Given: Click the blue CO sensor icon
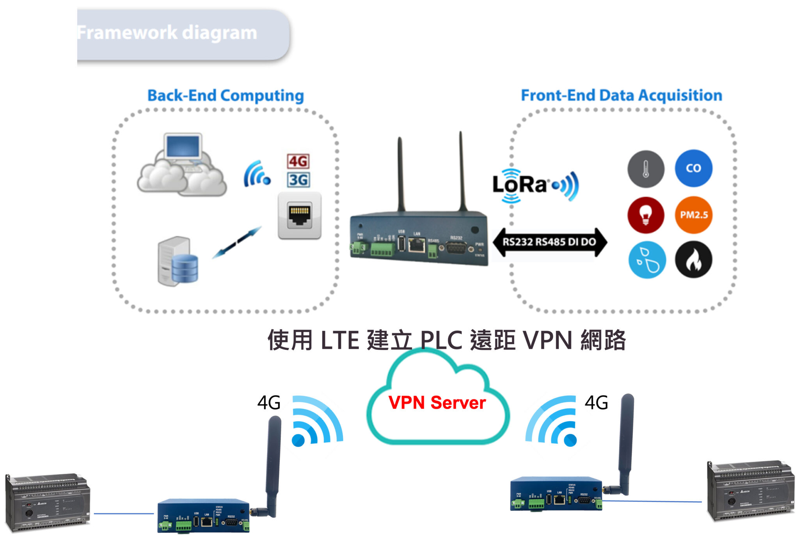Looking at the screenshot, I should tap(693, 168).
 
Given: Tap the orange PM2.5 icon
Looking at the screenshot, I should tap(693, 215).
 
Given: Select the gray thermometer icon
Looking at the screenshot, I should tap(646, 169).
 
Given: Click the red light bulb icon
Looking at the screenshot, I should tap(646, 215).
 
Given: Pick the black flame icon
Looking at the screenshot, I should tap(693, 260).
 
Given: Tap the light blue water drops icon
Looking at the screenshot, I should tap(647, 260).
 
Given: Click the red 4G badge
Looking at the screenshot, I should tap(298, 161).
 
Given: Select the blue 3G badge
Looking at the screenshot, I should tap(298, 180).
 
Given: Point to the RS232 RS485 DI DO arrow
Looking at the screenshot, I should tap(549, 242).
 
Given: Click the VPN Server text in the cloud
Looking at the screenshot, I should tap(437, 403).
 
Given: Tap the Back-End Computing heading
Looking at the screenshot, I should tap(225, 95).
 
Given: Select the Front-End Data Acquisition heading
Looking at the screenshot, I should tap(621, 95).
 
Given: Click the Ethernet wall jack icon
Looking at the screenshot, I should tap(299, 215).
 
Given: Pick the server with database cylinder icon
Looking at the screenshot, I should tap(178, 261).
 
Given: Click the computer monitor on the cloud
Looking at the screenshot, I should tap(183, 147).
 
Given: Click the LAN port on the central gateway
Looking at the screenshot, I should tap(417, 245).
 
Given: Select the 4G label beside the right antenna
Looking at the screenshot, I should tap(596, 403).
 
